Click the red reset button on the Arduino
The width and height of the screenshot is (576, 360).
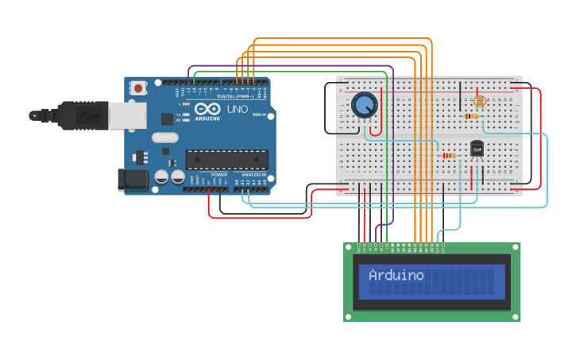coord(138,88)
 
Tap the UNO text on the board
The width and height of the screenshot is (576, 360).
coord(238,109)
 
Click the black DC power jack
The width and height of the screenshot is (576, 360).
coord(132,180)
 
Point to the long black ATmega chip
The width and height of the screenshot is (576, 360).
coord(226,159)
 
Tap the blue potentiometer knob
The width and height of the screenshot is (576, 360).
coord(365,105)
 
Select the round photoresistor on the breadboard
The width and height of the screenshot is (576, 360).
coord(479,101)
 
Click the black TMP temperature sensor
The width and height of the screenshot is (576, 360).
coord(477,149)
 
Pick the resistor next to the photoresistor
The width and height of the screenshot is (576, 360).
coord(471,116)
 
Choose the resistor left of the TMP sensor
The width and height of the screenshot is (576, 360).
coord(449,155)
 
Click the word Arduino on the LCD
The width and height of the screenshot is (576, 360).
coord(396,276)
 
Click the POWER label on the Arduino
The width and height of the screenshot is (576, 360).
coord(219,174)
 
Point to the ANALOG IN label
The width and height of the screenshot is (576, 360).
coord(254,174)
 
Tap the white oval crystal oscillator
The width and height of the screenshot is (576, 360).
coord(165,137)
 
